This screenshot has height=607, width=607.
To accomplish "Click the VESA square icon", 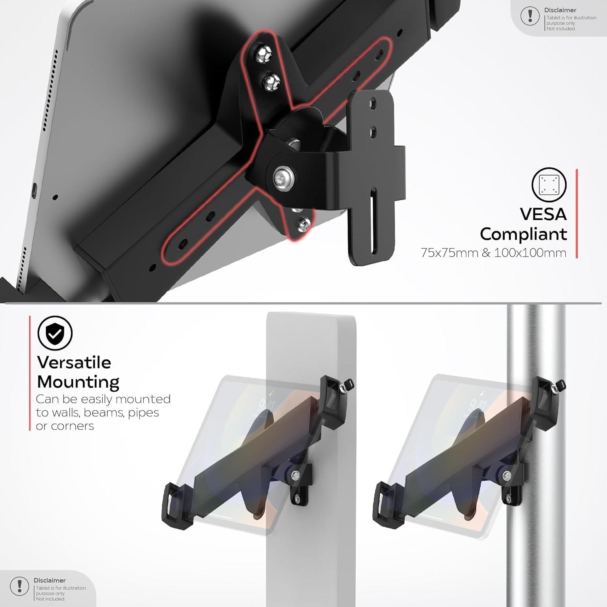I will pos(549,185).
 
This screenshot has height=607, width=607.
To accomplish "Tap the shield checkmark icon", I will pos(55,333).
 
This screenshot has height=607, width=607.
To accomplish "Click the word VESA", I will pos(543,214).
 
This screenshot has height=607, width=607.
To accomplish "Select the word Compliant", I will pos(523,234).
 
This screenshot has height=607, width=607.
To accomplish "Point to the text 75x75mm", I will pos(449,253).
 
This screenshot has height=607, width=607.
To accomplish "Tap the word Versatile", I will pos(74,362).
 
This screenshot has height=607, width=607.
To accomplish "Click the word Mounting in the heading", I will pos(78,382).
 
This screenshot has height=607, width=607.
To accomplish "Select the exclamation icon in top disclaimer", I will pos(530,16).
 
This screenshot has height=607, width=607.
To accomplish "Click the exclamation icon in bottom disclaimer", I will pos(19,586).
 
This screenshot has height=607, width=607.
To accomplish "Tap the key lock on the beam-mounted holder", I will pos(347,386).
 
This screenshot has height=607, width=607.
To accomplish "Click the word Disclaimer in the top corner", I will pos(560,10).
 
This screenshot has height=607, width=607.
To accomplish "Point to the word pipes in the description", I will pos(143,412).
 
